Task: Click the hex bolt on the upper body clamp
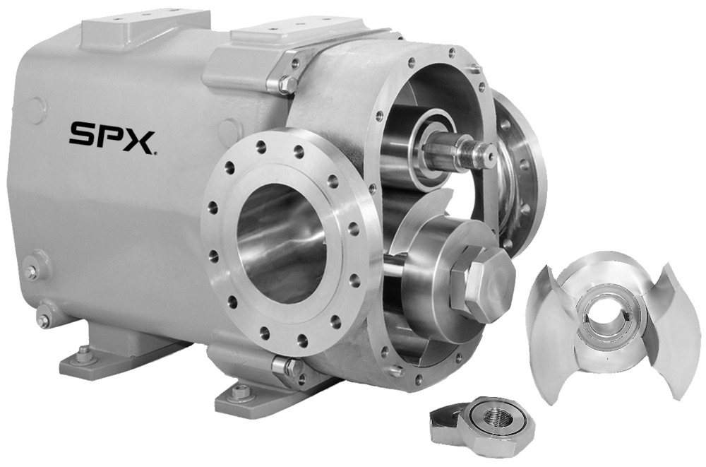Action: pos(287,84)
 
